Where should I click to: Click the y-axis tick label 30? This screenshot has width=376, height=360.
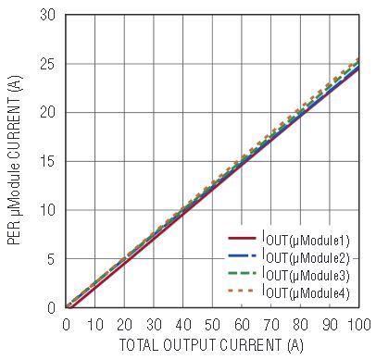click(47, 15)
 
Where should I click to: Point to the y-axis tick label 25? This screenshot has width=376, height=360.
click(47, 64)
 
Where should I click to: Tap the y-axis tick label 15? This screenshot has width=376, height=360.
click(47, 161)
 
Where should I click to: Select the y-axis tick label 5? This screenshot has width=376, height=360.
click(51, 259)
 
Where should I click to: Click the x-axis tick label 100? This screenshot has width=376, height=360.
click(358, 325)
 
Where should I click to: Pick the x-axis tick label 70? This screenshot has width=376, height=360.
click(271, 325)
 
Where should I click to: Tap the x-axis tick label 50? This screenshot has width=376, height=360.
click(212, 325)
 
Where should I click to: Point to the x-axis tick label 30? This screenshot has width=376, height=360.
click(154, 325)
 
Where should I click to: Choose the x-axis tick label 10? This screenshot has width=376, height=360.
click(95, 325)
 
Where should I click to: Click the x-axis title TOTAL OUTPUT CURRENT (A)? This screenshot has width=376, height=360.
click(211, 345)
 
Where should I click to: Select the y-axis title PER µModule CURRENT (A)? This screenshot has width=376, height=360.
click(15, 159)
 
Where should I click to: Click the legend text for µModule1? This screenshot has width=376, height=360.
click(306, 240)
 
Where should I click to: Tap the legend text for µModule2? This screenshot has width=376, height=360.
click(306, 257)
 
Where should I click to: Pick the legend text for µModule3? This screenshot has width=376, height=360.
click(306, 275)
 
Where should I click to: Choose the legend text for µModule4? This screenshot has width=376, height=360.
click(306, 292)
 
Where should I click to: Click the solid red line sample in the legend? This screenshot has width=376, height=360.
click(243, 238)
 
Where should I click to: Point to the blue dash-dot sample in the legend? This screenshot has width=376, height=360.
click(243, 255)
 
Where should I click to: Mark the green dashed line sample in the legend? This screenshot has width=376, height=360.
click(243, 273)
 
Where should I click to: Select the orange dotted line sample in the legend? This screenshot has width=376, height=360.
click(241, 291)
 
